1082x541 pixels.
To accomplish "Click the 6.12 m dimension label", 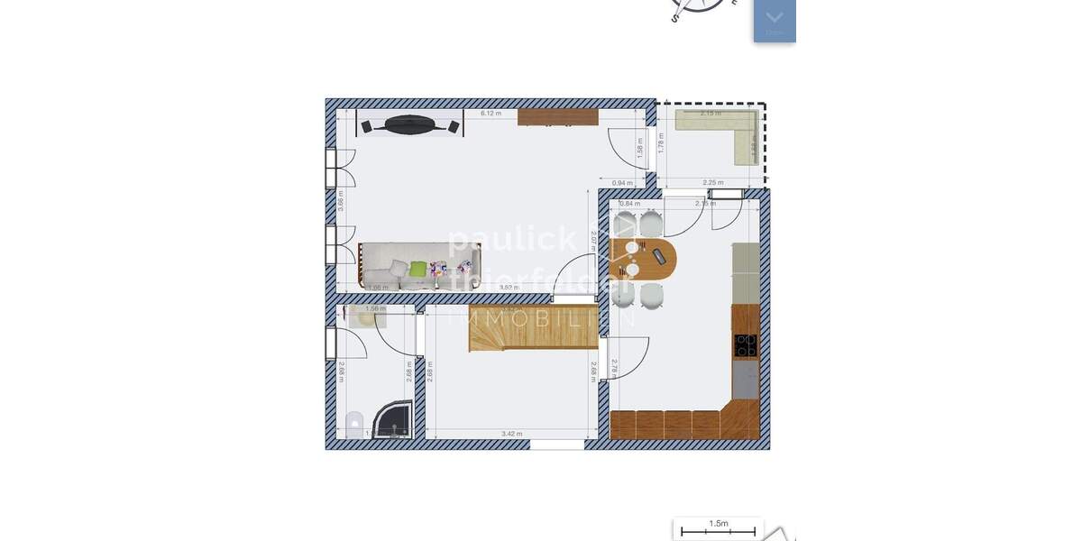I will pos(491,114).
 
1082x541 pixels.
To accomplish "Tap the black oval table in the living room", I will pos(409,125).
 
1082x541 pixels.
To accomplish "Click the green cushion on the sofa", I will pos(417,268).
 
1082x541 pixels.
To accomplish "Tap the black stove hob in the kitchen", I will pos(746,344).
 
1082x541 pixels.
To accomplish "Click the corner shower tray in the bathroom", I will pos(396,418).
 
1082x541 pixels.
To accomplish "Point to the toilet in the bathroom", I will pos(354,423).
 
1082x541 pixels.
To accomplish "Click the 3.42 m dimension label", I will pos(511,435).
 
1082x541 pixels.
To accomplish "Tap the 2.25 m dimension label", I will pos(712,183).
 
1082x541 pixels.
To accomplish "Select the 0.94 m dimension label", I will pos(622,183).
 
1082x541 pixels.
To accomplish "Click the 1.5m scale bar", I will pos(719,529).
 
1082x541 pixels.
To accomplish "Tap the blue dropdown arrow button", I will pos(775,19).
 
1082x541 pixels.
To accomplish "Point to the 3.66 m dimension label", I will pos(340,200).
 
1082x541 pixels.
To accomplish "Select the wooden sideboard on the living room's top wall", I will pos(558,117).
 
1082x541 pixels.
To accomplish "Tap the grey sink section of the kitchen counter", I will pos(746,380).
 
